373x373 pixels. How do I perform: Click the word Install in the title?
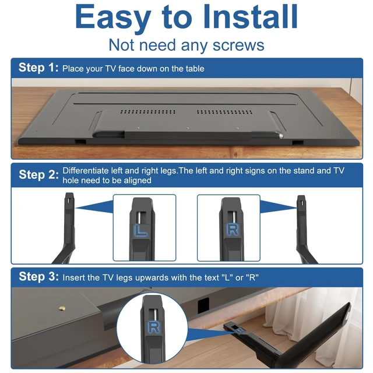coord(250,17)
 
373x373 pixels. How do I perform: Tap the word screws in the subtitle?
coord(238,45)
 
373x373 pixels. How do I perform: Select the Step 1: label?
coord(38,68)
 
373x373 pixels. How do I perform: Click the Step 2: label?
coord(38,175)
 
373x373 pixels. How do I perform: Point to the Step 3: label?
coord(38,277)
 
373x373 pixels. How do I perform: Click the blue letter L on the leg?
coord(140,231)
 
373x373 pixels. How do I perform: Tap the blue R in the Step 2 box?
coord(233,230)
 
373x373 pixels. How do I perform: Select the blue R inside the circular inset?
coord(154,327)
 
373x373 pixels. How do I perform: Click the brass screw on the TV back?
coord(62,308)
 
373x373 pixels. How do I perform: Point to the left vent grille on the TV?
coord(147,112)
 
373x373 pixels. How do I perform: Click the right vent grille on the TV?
coord(224,112)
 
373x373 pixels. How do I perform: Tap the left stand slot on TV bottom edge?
coord(80,141)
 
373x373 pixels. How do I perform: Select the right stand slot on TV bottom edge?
coord(298,143)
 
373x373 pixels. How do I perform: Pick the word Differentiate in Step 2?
coord(86,171)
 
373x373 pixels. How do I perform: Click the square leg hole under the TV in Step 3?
coord(203,305)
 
